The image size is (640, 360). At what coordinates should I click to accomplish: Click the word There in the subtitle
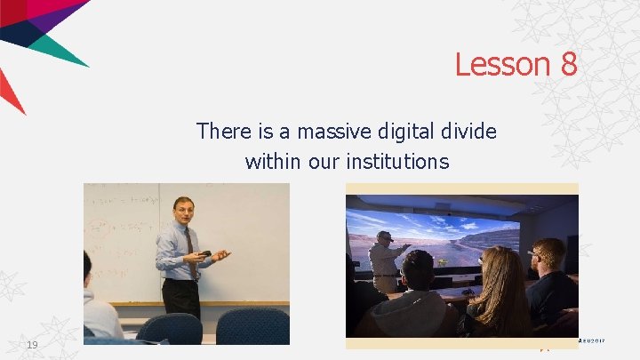[224, 132]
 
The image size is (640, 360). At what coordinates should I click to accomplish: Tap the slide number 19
[33, 344]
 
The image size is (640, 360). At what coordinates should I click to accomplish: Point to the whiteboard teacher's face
[185, 210]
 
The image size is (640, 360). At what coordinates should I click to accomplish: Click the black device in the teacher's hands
[204, 254]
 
